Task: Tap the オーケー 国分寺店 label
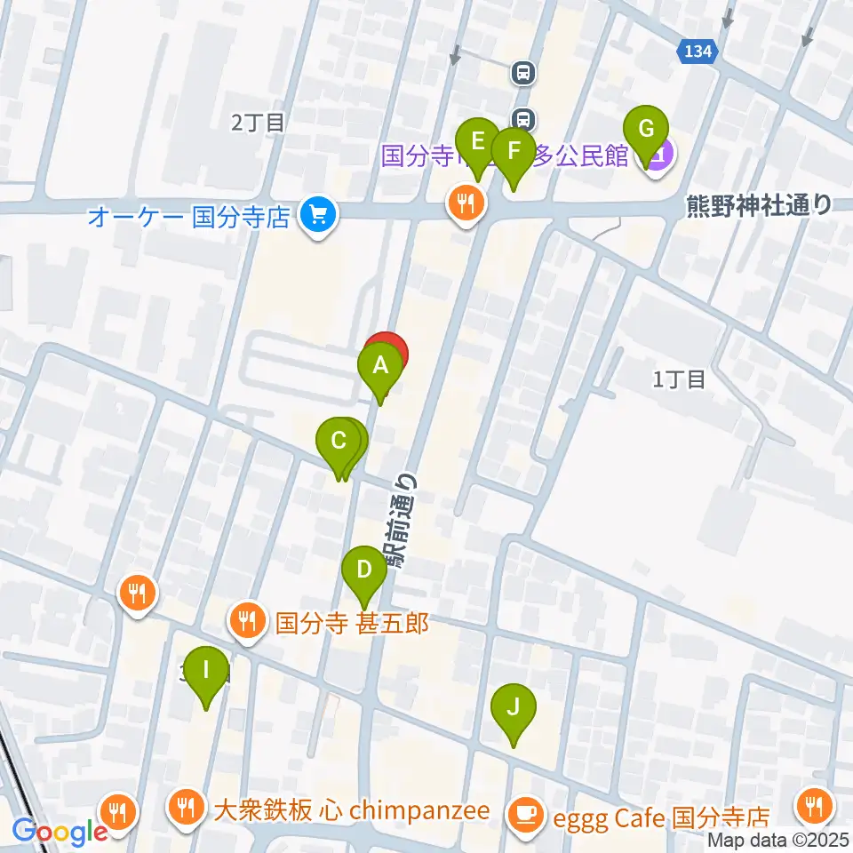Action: point(188,217)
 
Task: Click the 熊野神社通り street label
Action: point(760,206)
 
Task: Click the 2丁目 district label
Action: point(258,123)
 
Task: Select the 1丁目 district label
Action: point(679,379)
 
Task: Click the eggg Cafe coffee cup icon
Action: point(525,814)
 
